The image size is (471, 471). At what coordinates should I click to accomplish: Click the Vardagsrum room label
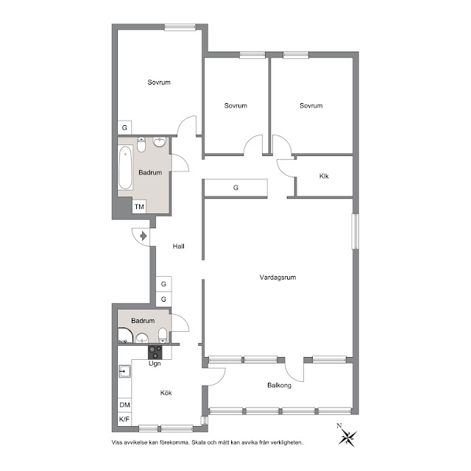click(277, 277)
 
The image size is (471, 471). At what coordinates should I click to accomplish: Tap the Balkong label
click(280, 386)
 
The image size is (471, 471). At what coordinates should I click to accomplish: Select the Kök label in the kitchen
click(166, 393)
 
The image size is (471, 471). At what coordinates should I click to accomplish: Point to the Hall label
click(178, 247)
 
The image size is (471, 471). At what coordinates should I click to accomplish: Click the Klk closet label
click(324, 176)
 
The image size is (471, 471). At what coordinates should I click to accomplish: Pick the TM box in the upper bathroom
click(139, 207)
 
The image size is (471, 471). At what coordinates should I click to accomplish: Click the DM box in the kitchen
click(124, 405)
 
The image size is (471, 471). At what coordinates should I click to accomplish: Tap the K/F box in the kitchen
click(124, 419)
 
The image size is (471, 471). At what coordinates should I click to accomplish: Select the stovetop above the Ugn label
click(155, 353)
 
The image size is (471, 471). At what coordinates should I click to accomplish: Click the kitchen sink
click(124, 371)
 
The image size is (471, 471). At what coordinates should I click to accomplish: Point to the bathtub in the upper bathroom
click(125, 168)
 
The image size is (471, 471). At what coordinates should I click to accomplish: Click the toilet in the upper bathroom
click(141, 144)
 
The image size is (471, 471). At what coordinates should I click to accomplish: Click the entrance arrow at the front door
click(144, 236)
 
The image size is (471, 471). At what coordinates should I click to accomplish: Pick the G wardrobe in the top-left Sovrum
click(124, 127)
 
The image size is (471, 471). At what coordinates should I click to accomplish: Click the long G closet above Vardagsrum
click(235, 188)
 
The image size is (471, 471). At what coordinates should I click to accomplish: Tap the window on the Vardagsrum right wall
click(355, 231)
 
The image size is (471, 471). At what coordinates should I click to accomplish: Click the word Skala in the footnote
click(199, 442)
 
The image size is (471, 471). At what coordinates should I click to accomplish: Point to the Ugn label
click(155, 364)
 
